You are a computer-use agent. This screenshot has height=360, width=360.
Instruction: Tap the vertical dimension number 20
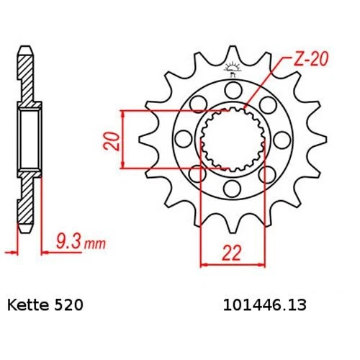click(x=109, y=139)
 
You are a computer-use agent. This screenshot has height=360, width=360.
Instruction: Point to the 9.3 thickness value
click(x=68, y=245)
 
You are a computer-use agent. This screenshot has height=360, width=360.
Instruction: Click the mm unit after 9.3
click(x=93, y=246)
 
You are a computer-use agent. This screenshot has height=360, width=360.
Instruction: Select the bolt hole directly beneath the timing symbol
click(x=232, y=90)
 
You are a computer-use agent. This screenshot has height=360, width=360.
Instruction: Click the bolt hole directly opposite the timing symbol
click(x=232, y=189)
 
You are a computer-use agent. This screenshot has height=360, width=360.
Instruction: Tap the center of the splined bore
click(x=230, y=139)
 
